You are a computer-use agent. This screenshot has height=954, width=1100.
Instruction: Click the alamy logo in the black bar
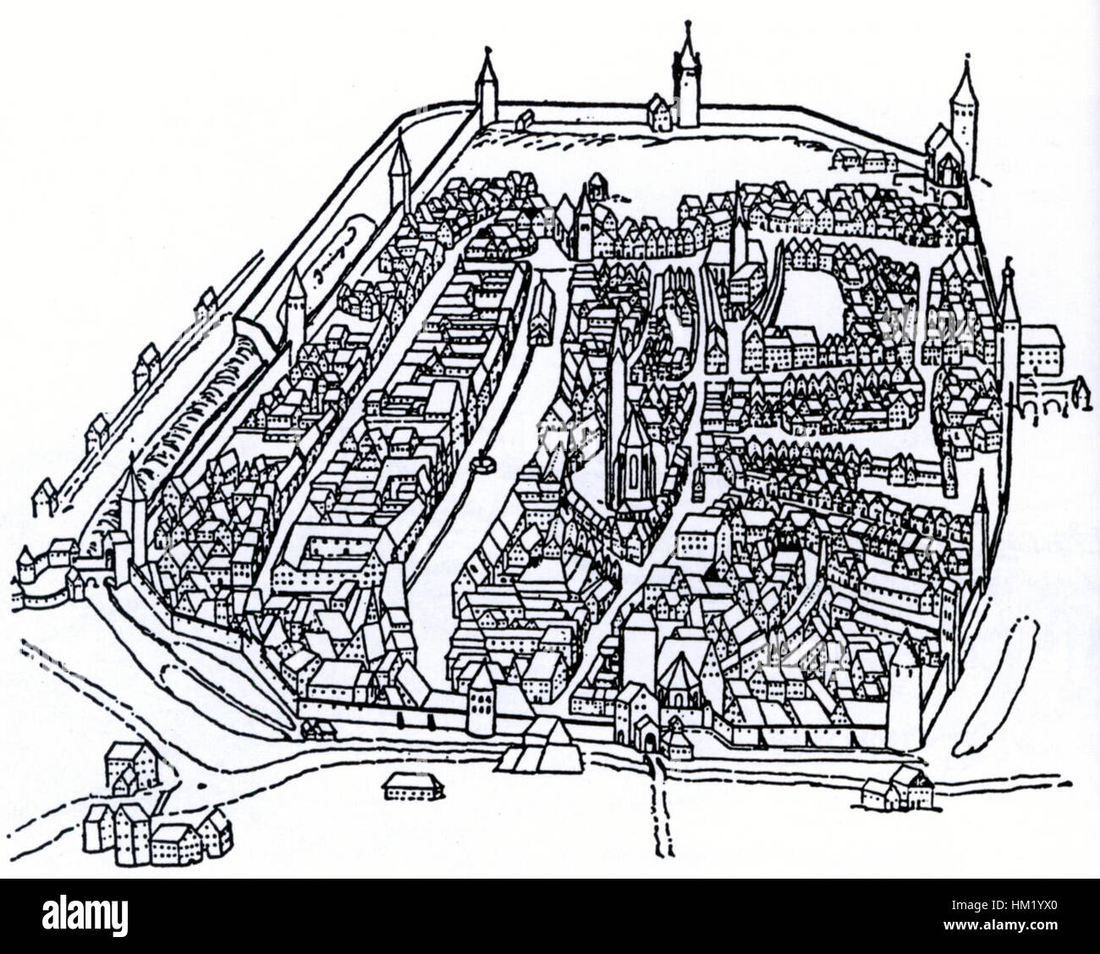[x=85, y=917]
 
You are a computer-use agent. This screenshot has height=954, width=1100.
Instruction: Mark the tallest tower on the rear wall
[x=686, y=80]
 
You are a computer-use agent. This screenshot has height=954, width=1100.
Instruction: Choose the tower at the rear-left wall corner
[x=486, y=89]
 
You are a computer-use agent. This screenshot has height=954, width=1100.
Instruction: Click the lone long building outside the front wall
[x=413, y=786]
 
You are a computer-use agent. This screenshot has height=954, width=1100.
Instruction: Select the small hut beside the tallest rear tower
[x=659, y=113]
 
